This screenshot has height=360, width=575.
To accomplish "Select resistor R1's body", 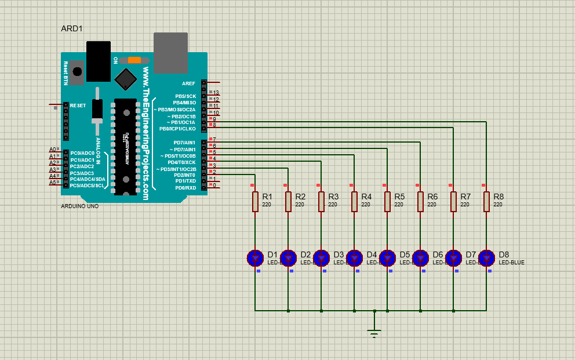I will click(x=255, y=202).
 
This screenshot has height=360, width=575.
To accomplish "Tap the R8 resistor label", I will click(x=498, y=197).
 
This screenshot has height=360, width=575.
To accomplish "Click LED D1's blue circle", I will click(x=255, y=257).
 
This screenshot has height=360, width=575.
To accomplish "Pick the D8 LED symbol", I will click(x=486, y=257).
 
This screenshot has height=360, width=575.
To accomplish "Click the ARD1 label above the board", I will click(x=72, y=28).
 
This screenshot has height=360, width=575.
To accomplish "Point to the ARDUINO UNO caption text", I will click(x=79, y=206).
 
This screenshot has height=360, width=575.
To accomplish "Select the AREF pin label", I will click(x=188, y=83).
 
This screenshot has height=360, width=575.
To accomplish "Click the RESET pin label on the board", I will click(x=78, y=106).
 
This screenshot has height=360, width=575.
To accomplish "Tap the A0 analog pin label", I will click(x=52, y=150).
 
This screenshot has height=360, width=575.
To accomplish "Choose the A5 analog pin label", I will click(x=52, y=183).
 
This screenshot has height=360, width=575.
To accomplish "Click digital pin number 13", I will click(x=216, y=93).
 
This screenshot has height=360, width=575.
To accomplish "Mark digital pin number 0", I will click(x=214, y=186).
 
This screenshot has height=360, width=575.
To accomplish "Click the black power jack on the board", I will click(x=98, y=61).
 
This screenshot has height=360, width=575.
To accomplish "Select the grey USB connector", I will click(x=170, y=53).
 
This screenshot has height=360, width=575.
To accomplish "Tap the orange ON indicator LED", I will click(x=134, y=60).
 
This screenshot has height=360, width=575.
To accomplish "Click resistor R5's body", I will click(x=387, y=202).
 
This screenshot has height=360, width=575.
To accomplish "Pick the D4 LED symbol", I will click(x=354, y=257).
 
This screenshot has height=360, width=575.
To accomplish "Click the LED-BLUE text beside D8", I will click(x=511, y=263).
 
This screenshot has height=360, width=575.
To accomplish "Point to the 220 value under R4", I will click(x=366, y=205).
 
